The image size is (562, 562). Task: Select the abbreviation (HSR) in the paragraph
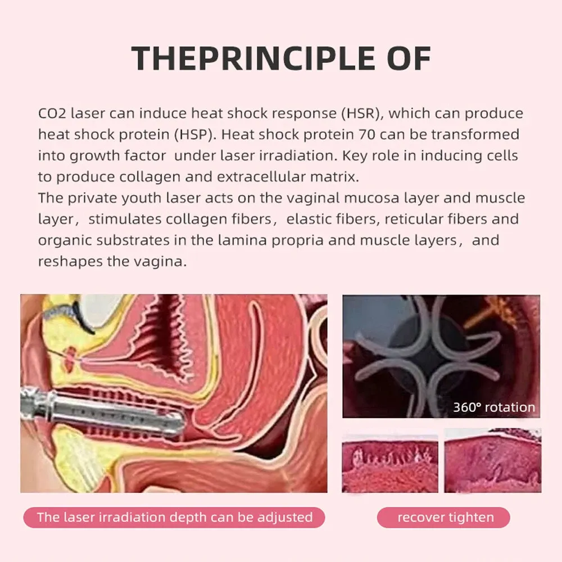click(362, 114)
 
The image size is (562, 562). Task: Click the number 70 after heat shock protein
click(366, 134)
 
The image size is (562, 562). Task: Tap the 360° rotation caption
click(494, 407)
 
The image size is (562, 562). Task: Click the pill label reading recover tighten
click(443, 517)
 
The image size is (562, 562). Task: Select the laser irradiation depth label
click(174, 517)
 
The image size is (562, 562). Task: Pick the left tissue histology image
click(390, 461)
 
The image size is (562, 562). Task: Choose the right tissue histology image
click(493, 461)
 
